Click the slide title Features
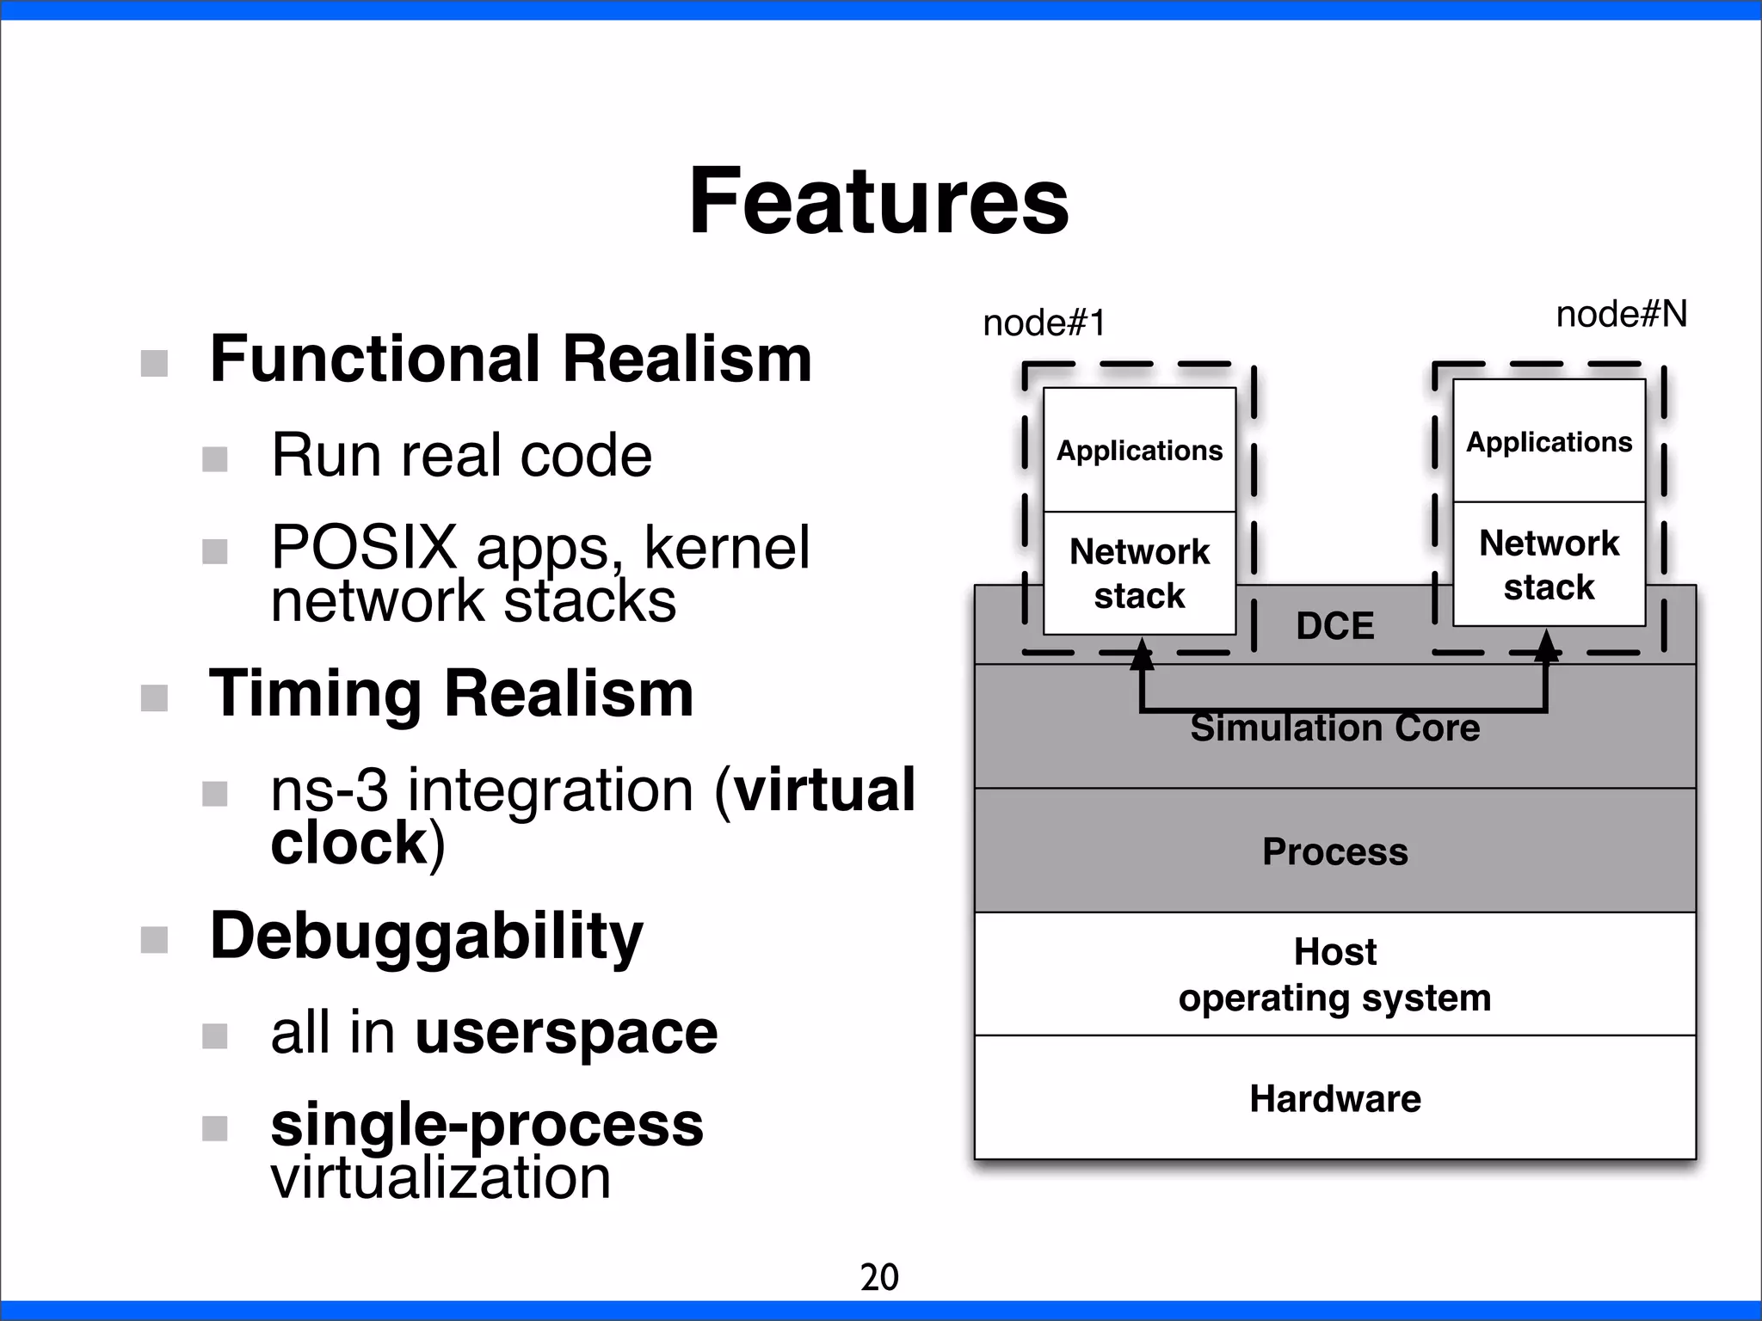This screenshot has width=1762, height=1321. tap(878, 201)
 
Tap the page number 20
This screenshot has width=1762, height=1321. tap(879, 1277)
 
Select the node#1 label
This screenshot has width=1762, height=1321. tap(1044, 323)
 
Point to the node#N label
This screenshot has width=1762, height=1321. tap(1621, 315)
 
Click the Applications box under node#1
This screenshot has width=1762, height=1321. tap(1139, 451)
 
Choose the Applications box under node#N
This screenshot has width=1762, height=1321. tap(1549, 442)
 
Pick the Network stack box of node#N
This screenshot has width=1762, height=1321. tap(1549, 565)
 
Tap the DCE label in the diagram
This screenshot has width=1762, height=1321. tap(1334, 626)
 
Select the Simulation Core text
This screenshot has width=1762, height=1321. tap(1334, 728)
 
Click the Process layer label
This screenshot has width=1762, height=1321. tap(1334, 851)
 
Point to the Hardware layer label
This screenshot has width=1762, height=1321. tap(1334, 1099)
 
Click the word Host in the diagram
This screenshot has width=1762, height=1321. tap(1334, 952)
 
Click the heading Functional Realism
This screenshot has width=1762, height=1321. tap(511, 359)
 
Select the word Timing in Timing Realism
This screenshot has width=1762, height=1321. tap(316, 693)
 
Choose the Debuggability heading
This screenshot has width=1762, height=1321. tap(426, 936)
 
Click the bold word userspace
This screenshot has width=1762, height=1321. tap(566, 1032)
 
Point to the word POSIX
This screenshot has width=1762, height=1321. tap(364, 547)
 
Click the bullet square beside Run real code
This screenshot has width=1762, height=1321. tap(215, 459)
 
